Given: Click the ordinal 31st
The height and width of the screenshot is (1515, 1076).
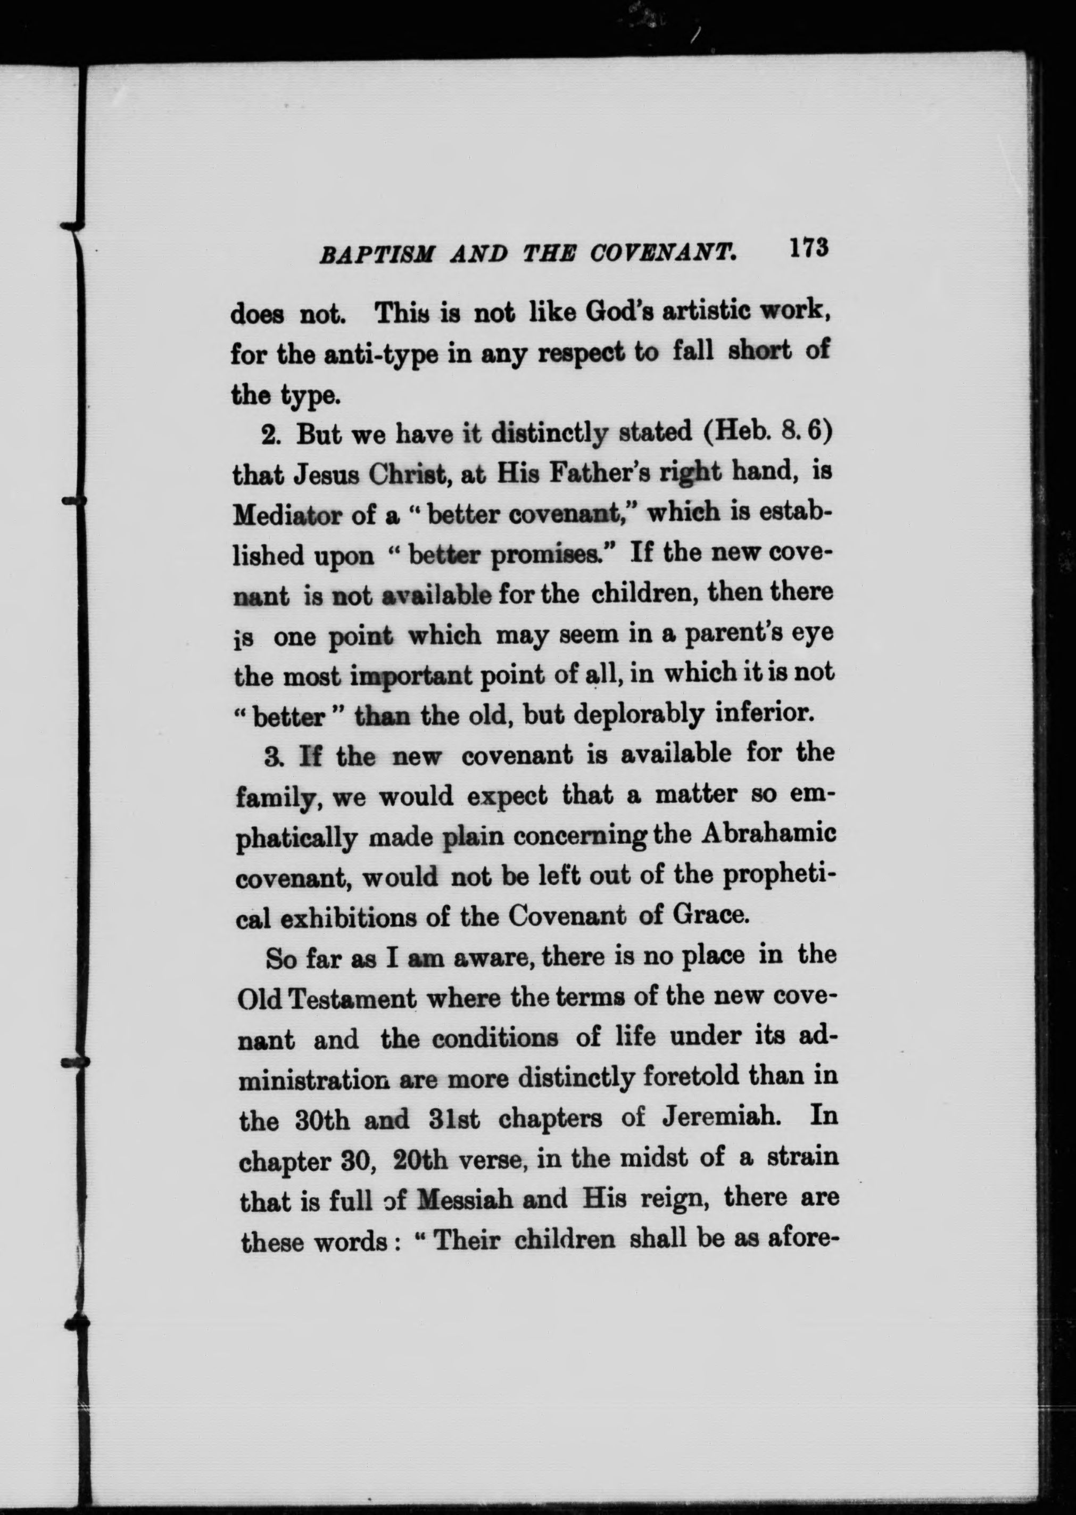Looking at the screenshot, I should click(x=454, y=1119).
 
